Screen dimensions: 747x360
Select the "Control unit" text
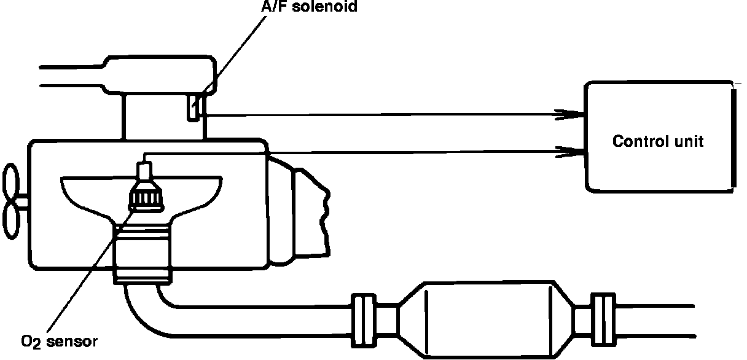point(658,141)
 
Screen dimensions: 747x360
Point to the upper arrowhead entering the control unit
point(568,114)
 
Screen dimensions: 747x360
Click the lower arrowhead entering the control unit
point(568,150)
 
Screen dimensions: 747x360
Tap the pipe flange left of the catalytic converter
point(362,319)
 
